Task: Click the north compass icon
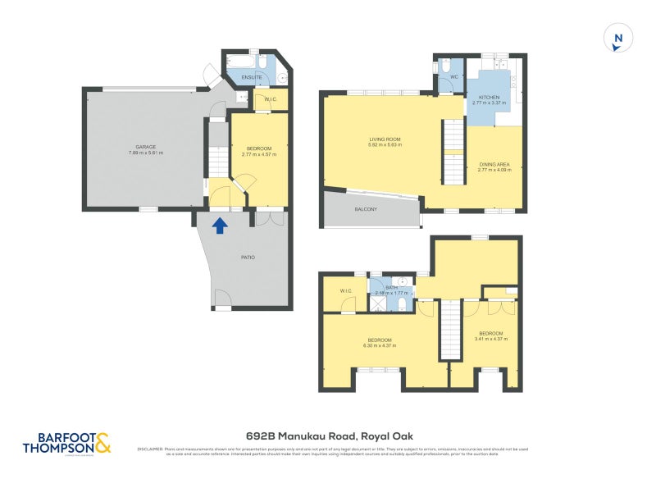(619, 38)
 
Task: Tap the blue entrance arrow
(220, 225)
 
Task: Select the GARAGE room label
(146, 147)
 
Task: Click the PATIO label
(247, 258)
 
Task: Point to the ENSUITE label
(251, 78)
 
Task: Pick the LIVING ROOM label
(384, 139)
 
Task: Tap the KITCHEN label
(489, 98)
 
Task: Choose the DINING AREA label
(494, 164)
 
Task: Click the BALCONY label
(366, 209)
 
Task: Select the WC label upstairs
(453, 78)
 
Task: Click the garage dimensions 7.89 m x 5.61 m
(146, 153)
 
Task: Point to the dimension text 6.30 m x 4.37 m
(379, 345)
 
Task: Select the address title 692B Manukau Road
(328, 437)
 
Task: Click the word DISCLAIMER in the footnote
(150, 449)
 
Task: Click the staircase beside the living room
(453, 151)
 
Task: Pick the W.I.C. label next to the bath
(345, 291)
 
